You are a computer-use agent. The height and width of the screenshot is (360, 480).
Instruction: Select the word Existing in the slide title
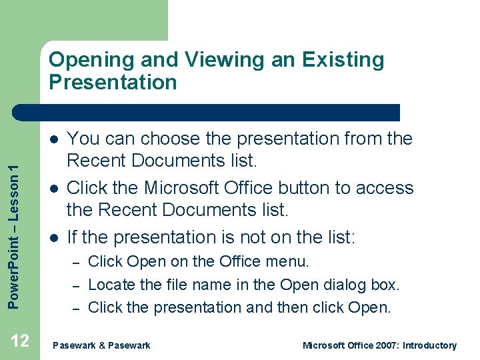(x=343, y=59)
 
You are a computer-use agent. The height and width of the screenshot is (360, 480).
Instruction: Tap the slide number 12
(x=20, y=341)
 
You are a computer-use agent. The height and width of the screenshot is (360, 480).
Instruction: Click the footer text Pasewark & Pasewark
(x=101, y=345)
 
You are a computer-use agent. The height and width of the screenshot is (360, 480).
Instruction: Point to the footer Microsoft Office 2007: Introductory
(x=379, y=345)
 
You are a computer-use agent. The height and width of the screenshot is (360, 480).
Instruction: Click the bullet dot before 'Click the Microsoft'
(x=53, y=189)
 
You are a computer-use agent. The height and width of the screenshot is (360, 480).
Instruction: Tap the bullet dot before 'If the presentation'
(x=53, y=238)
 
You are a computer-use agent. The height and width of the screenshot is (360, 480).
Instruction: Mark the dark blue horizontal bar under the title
(x=207, y=113)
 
